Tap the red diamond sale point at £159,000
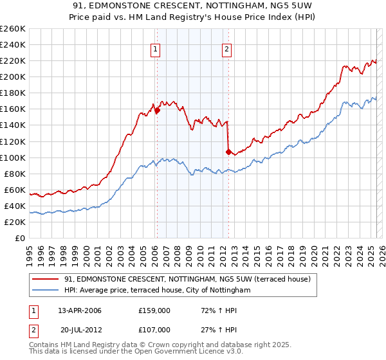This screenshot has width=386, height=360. click(157, 110)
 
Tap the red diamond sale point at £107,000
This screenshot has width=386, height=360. click(228, 152)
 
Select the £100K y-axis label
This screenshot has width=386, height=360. click(13, 157)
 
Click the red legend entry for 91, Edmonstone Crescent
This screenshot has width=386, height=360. click(187, 279)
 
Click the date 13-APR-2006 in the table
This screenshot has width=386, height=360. click(80, 310)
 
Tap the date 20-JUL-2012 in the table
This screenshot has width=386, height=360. click(81, 330)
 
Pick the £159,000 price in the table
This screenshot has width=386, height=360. click(154, 310)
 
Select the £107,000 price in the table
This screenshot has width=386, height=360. click(154, 330)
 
